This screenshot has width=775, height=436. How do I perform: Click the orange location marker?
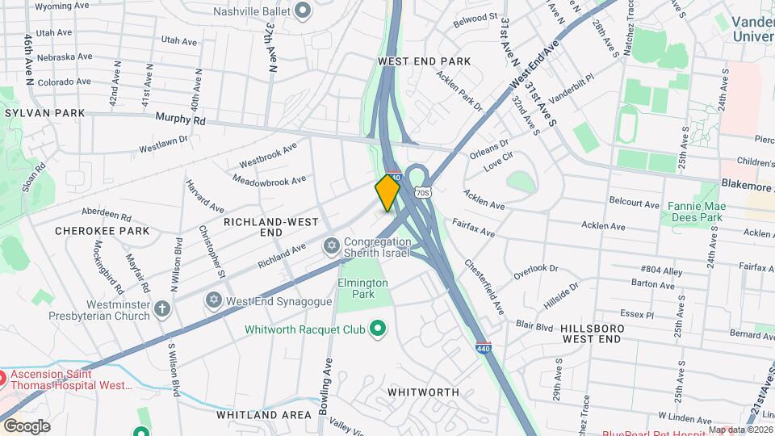pos(387,192)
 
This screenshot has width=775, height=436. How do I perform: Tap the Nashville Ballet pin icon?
pos(303,11)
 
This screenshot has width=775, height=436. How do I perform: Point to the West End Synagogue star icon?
pos(214,300)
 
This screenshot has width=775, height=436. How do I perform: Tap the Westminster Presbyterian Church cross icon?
pos(162,308)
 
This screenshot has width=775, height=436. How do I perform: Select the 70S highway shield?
pos(421,192)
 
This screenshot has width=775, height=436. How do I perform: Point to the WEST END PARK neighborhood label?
pos(424,61)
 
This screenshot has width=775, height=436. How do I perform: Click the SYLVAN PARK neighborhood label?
pos(44,113)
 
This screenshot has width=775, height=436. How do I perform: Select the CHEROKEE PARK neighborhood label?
pos(103,231)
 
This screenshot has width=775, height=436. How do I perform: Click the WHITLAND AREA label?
pos(263,415)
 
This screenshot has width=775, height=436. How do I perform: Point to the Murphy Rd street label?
pos(182,119)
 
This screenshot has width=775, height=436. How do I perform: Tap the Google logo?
pos(27,426)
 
